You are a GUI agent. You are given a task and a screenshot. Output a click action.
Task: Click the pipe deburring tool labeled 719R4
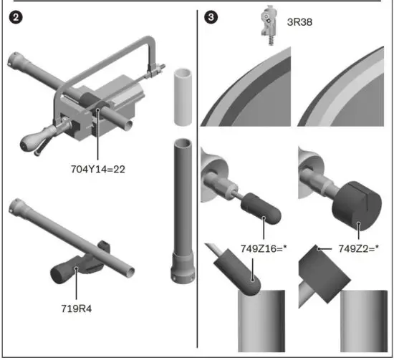pyautogui.click(x=68, y=268)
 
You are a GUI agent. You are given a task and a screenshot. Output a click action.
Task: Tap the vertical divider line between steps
pyautogui.click(x=197, y=179)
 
